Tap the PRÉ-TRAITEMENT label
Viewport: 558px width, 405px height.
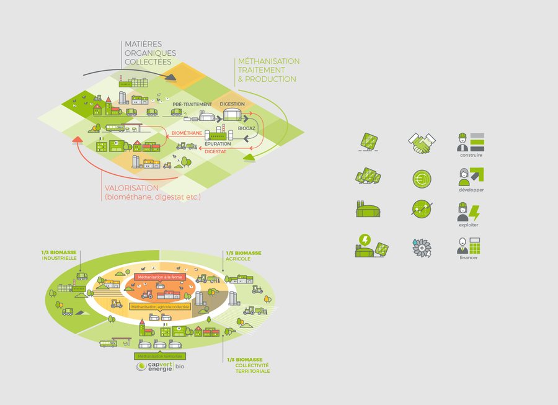(192, 104)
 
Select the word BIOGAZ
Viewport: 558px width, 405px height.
(247, 128)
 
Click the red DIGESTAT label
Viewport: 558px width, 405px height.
(215, 151)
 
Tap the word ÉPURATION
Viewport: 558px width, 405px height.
(218, 144)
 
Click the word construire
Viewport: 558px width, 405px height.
(472, 155)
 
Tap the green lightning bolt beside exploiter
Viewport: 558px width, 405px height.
(474, 213)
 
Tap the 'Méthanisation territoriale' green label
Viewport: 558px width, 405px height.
(160, 357)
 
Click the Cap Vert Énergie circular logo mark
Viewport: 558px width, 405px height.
(143, 367)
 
